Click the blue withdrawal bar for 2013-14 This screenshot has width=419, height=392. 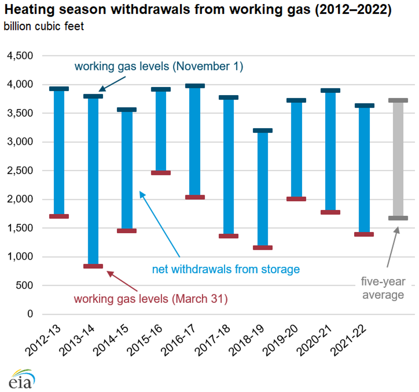tap(93, 179)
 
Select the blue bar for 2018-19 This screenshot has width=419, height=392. tap(262, 188)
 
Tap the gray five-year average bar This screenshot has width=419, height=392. tap(398, 159)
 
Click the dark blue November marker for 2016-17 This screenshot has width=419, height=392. tap(195, 86)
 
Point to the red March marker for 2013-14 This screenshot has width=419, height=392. tap(93, 266)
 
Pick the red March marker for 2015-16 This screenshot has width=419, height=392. tap(161, 173)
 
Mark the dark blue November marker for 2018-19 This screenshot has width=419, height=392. tap(262, 131)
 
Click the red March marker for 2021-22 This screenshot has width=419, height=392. tap(364, 234)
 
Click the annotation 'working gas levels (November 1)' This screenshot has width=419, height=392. tap(158, 67)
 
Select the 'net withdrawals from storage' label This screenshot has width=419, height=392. tap(226, 269)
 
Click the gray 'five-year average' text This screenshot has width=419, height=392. tap(383, 288)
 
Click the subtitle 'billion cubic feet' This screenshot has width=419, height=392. tap(44, 26)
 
